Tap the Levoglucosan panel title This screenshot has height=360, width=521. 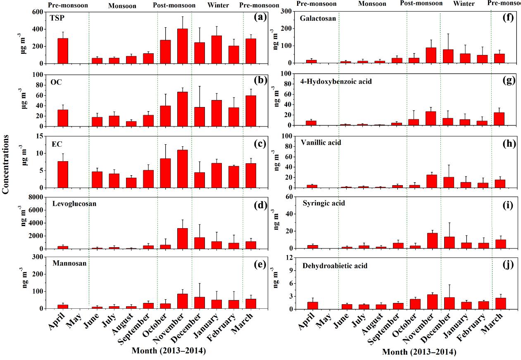[x=74, y=204]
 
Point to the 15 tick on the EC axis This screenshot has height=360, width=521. [x=42, y=136]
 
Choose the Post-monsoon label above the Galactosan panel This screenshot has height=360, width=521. [x=421, y=3]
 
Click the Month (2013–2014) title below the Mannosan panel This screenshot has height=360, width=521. [x=169, y=351]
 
